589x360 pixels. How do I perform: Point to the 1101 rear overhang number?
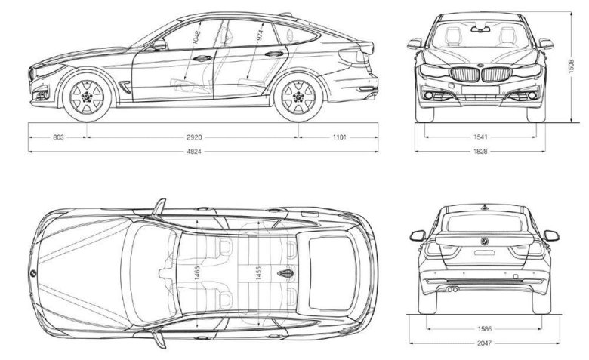point(338,138)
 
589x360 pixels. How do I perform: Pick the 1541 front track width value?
point(480,138)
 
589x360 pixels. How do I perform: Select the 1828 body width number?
point(480,152)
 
